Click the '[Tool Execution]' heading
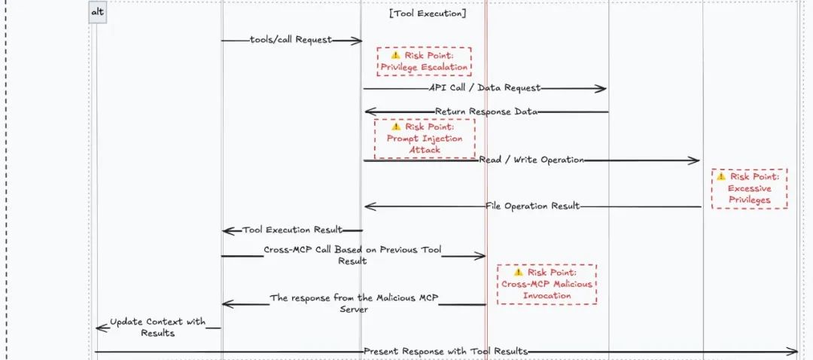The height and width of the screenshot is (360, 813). pos(428,14)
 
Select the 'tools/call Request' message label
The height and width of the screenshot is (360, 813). pos(291,40)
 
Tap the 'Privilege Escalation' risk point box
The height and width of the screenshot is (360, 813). pos(424,61)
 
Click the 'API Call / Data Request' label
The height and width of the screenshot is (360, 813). pos(485,88)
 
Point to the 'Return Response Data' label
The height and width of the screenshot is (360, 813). pos(486,111)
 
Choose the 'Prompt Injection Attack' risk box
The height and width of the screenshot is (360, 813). pos(425,138)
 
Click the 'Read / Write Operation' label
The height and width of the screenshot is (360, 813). pos(531,160)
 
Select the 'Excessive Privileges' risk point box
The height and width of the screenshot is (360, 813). pos(749,188)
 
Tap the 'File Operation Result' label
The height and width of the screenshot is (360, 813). pos(533,206)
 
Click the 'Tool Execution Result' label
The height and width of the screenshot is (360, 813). pos(292,230)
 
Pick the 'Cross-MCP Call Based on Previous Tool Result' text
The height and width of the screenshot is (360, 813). pos(352,255)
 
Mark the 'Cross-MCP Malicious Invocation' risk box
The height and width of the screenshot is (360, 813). pos(547,284)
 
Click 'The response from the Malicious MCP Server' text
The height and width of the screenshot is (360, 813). pos(354,304)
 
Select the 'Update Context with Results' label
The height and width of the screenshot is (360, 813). pos(157,327)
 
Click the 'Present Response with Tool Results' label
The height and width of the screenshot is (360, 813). pos(446,351)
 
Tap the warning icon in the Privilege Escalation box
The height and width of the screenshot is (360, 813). pos(395,55)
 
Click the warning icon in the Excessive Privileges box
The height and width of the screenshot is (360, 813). pos(722,176)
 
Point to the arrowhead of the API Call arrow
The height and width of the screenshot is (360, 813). pos(601,88)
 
